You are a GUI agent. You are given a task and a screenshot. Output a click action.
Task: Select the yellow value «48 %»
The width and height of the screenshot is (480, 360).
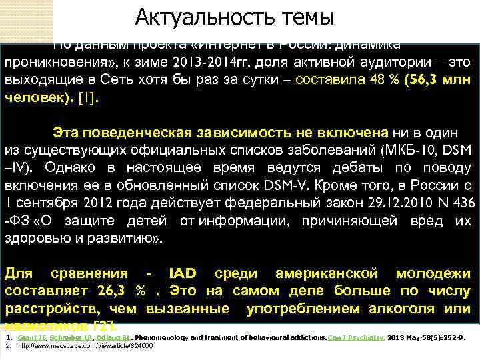[377, 80]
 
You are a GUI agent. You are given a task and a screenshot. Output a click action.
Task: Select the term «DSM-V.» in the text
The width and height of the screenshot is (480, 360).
[288, 185]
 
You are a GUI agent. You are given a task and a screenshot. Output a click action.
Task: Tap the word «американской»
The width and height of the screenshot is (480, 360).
[325, 274]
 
